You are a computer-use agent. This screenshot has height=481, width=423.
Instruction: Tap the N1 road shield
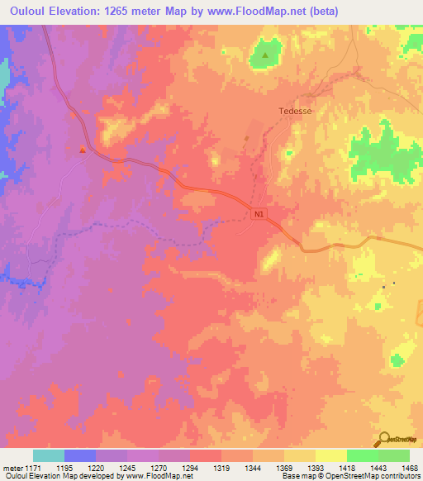(259, 214)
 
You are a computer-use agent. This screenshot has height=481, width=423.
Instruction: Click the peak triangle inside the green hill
(265, 55)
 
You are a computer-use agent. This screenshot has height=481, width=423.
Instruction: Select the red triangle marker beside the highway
(82, 150)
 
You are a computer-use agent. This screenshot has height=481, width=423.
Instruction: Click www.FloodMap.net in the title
(253, 12)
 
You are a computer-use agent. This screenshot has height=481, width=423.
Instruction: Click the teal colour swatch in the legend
(49, 455)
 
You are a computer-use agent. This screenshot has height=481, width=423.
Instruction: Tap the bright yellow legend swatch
(331, 455)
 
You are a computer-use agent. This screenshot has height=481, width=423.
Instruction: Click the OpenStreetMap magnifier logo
(384, 437)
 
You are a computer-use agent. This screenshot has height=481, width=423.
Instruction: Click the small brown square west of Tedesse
(246, 138)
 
